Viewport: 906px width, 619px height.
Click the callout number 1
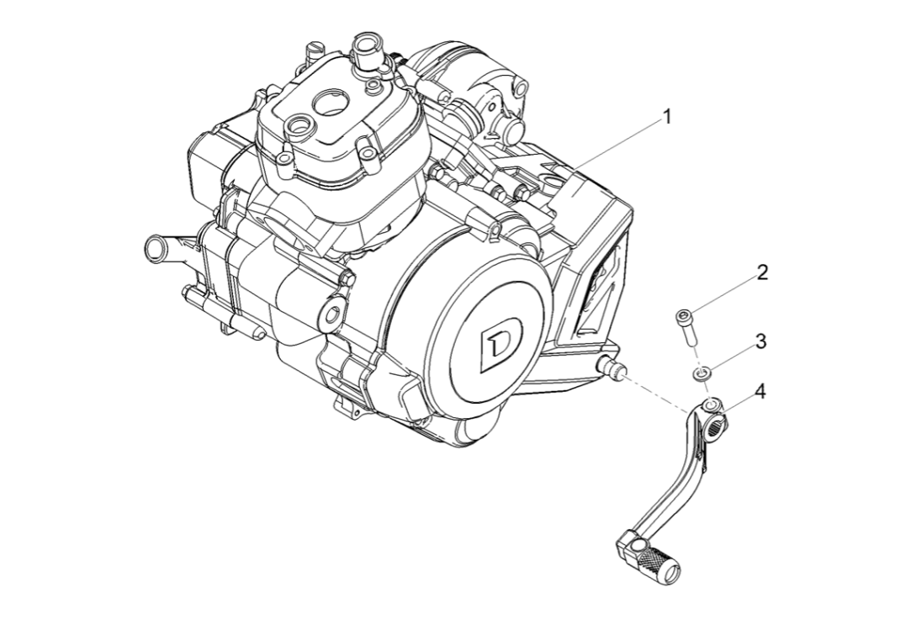coord(667,117)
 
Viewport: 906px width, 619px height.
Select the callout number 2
coord(761,272)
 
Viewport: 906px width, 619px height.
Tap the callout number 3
coord(760,341)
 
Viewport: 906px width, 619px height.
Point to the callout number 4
coord(760,391)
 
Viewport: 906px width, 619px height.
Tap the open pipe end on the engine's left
coord(155,247)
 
